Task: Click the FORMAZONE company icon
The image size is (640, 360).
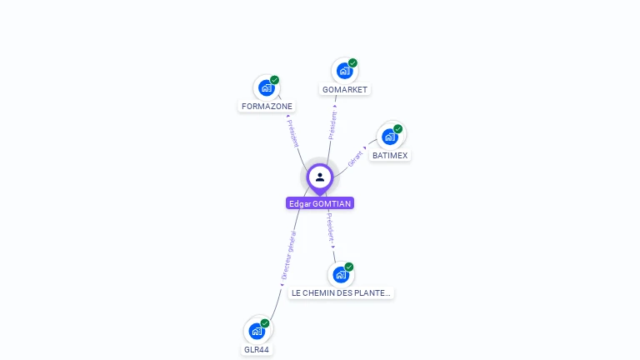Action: tap(267, 87)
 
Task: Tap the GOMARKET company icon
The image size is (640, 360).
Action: tap(344, 71)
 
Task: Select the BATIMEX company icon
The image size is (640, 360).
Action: tap(390, 137)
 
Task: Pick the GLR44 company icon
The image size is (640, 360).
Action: tap(257, 331)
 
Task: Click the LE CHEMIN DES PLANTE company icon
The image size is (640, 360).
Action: tap(341, 274)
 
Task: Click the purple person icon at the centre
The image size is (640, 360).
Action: tap(320, 177)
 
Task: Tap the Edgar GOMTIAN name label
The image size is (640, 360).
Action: tap(320, 203)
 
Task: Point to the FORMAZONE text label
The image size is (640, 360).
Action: tap(267, 107)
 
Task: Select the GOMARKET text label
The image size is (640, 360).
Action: tap(345, 90)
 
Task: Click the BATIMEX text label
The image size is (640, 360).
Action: tap(390, 156)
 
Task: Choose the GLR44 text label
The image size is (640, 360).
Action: tap(257, 350)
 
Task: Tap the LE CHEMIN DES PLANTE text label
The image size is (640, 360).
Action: tap(341, 293)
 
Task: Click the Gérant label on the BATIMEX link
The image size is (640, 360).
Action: tap(356, 157)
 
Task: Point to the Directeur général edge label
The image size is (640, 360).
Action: tap(288, 254)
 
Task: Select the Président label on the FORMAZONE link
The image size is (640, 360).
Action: tap(292, 132)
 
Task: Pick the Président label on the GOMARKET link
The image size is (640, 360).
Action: tap(332, 124)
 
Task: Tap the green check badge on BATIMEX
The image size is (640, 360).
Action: tap(398, 129)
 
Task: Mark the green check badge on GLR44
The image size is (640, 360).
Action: tap(265, 323)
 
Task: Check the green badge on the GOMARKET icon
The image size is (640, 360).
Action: tap(352, 63)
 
